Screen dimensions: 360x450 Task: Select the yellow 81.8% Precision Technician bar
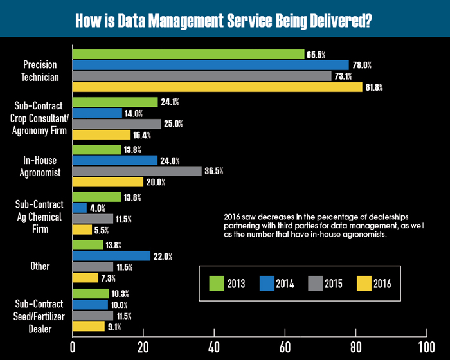pos(218,87)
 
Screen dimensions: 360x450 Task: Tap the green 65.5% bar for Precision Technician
pos(188,55)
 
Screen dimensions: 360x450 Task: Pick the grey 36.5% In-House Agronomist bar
pos(137,171)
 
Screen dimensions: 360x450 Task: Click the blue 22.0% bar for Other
pos(111,256)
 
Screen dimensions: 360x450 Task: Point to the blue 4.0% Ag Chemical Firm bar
pos(80,208)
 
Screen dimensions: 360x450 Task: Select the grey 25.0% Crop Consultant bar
pos(117,123)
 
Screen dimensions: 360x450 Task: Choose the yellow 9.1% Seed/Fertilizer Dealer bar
pos(89,327)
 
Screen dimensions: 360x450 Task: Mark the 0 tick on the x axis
pos(73,347)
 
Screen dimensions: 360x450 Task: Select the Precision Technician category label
pos(40,71)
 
